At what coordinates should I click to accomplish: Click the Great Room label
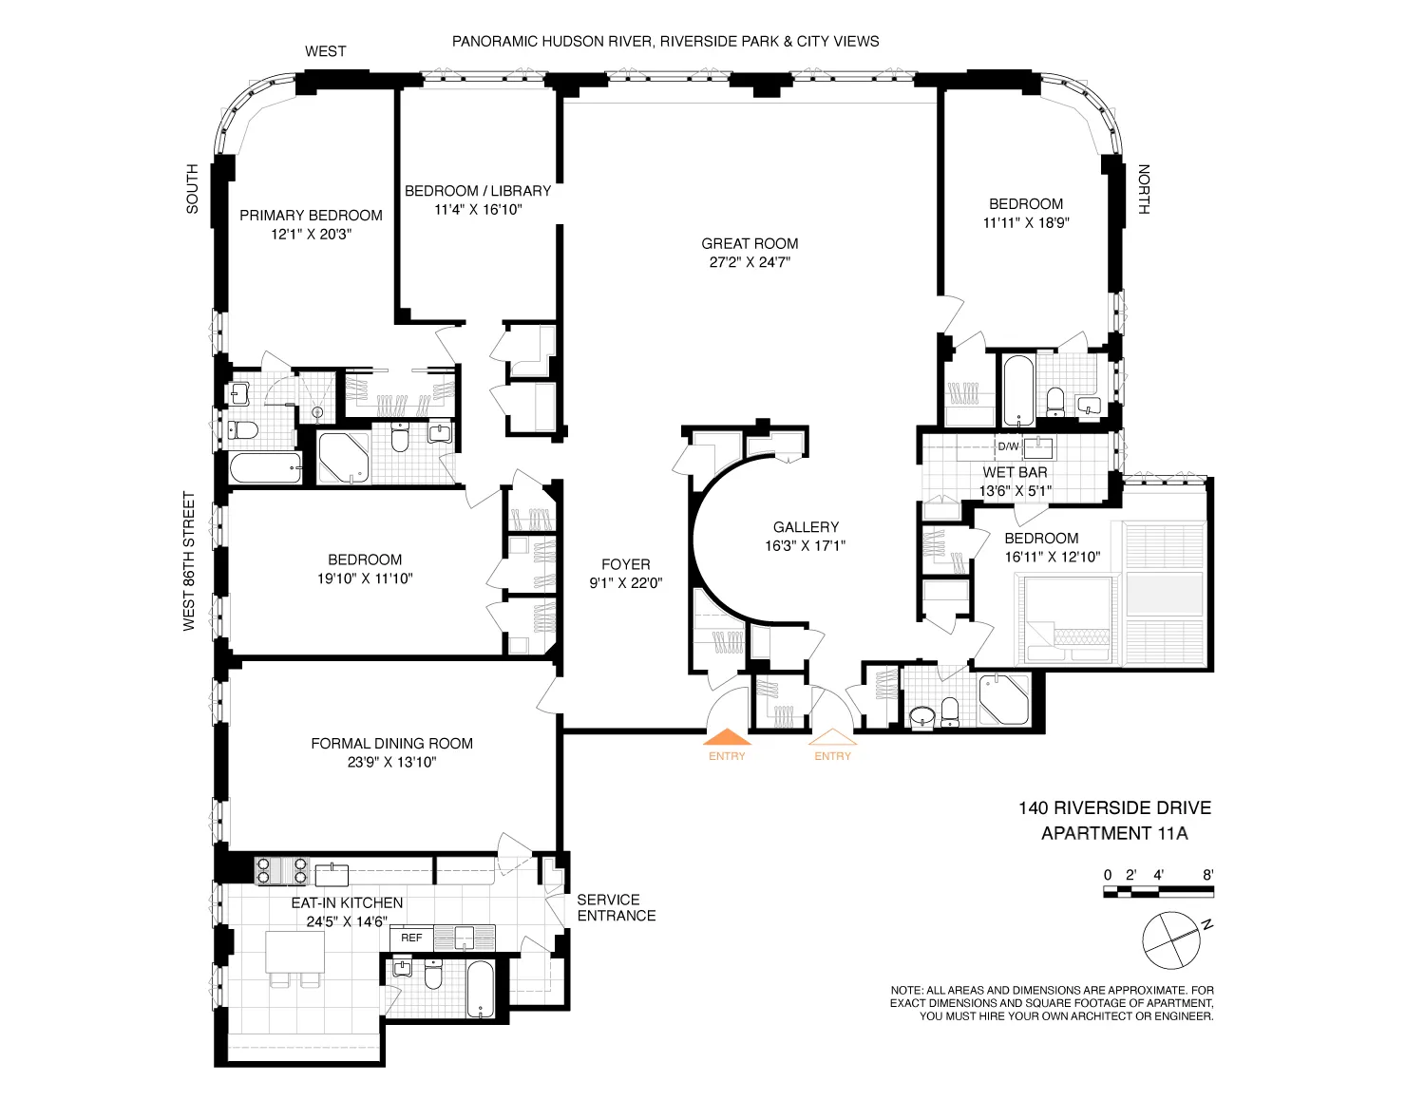coord(750,243)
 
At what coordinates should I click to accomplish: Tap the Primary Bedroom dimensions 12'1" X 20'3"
coord(311,234)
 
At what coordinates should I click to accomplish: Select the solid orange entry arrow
coord(726,736)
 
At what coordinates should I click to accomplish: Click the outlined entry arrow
coord(832,736)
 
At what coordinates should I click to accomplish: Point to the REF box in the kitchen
coord(411,938)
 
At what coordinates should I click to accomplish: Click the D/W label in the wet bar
coord(1007,446)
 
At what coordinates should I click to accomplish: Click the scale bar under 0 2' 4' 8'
coord(1158,892)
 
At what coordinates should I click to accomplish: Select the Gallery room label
coord(806,527)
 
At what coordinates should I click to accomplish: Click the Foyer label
coord(625,564)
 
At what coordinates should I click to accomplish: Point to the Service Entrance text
coord(616,907)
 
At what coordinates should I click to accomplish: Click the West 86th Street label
coord(189,560)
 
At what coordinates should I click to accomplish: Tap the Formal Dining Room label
coord(391,743)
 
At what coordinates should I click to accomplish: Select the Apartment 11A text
coord(1114,834)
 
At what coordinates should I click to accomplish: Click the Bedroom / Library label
coord(478,190)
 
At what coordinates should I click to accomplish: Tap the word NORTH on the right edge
coord(1144,190)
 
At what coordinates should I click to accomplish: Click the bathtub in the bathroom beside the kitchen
coord(481,988)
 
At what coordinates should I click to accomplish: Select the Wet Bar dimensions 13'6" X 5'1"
coord(1016,491)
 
